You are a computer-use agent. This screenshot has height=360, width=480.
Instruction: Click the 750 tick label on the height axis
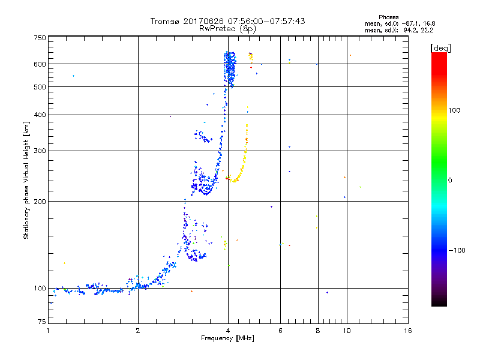(40, 38)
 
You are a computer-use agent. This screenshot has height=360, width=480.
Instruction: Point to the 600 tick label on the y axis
(40, 64)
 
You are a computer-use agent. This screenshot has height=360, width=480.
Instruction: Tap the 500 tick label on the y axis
(40, 87)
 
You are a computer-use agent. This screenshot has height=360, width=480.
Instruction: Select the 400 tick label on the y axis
(40, 115)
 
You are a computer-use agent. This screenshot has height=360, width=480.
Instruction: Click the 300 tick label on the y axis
(40, 151)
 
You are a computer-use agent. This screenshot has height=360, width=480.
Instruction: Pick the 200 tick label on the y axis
(40, 201)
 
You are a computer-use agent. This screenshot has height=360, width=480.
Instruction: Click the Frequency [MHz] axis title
(228, 340)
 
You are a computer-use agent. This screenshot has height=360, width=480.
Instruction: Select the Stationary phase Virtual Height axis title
(26, 179)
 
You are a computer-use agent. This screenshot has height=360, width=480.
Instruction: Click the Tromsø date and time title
(228, 21)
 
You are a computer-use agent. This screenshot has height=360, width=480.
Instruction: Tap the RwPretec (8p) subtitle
(228, 28)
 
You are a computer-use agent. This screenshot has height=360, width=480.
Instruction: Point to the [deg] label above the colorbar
(441, 47)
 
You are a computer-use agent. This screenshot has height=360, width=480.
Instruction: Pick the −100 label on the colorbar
(457, 250)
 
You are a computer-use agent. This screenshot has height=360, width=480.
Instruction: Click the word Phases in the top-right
(389, 17)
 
